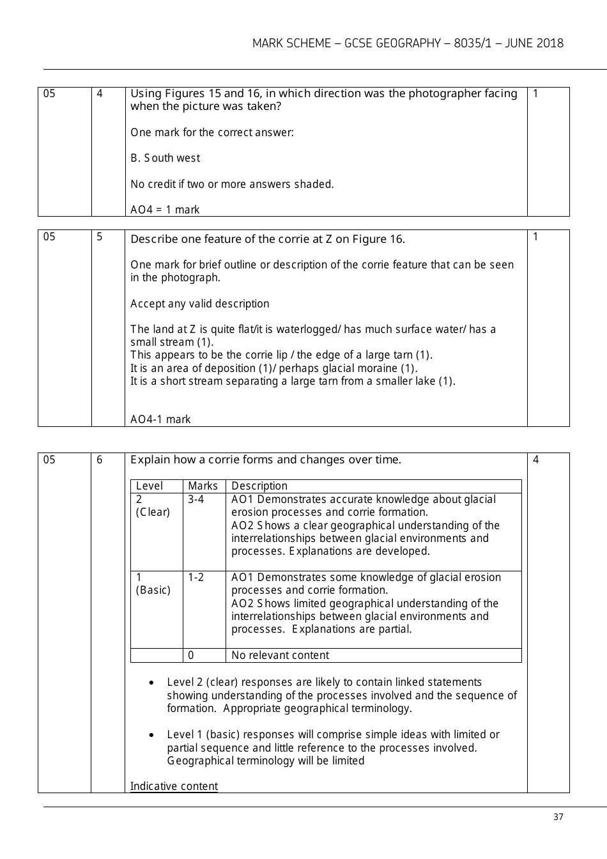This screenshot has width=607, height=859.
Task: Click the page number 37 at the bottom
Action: [x=558, y=817]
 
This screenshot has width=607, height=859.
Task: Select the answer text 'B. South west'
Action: [x=165, y=158]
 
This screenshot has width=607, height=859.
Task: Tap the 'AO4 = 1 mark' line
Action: [x=165, y=210]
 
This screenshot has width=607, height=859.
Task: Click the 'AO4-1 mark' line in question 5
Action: [x=160, y=419]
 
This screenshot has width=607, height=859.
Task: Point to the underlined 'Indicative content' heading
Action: [x=174, y=786]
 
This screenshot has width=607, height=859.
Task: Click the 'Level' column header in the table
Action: [x=150, y=486]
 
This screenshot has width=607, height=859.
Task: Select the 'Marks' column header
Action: [x=203, y=486]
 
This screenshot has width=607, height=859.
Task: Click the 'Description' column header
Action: [x=259, y=486]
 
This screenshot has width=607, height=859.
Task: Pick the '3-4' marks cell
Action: [x=196, y=499]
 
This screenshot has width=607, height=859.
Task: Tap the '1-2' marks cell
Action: [x=196, y=577]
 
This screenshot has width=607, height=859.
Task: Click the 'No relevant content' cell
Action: [x=280, y=655]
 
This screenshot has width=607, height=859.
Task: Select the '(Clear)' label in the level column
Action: [x=153, y=512]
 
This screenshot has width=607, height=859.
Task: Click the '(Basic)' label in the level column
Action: [x=153, y=590]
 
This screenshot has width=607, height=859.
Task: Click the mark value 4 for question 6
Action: [x=535, y=460]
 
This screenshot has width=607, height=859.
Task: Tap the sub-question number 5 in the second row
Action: [x=100, y=236]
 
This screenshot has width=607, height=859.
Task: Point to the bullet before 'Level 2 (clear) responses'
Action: [x=151, y=683]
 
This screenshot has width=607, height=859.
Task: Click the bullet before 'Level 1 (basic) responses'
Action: [x=151, y=735]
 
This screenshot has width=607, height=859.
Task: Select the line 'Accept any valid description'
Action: [x=199, y=304]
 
